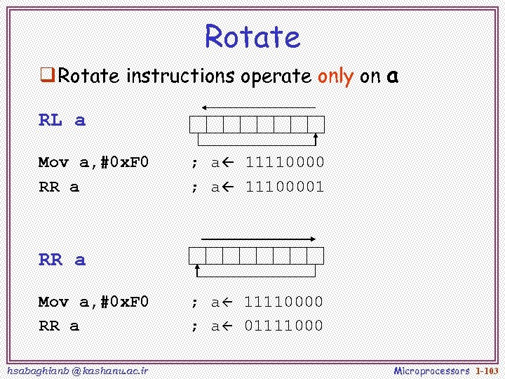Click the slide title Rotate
tap(252, 36)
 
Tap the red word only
tap(335, 77)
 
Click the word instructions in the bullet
tap(180, 77)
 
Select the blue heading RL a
tap(62, 120)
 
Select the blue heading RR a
tap(62, 260)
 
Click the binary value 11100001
tap(284, 187)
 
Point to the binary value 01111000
tap(283, 326)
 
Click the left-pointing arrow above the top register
tap(257, 107)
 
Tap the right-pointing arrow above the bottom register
tap(257, 239)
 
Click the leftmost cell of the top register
tap(197, 124)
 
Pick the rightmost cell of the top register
tap(316, 124)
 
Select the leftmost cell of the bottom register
tap(196, 255)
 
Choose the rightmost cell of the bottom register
tap(316, 255)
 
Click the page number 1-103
tap(487, 370)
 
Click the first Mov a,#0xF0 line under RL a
tap(93, 163)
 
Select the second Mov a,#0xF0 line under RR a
tap(93, 302)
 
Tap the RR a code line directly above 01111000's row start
tap(58, 326)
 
